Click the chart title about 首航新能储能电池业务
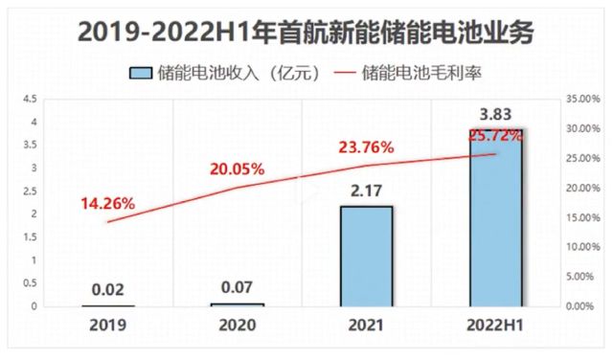coord(306,33)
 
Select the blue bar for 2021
coord(365,256)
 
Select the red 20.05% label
coord(237,169)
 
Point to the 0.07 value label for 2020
coord(237,285)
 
